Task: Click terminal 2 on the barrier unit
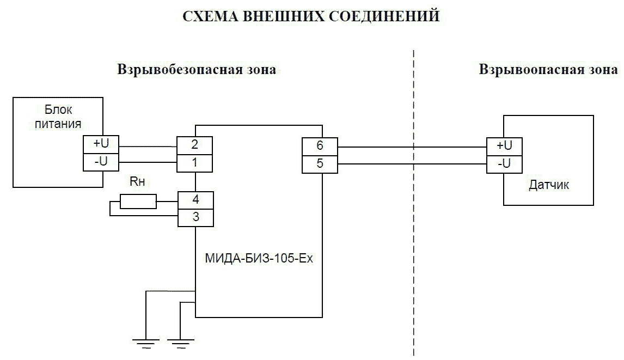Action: click(x=195, y=146)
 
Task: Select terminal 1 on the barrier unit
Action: click(x=195, y=163)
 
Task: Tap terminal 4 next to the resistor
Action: click(x=195, y=200)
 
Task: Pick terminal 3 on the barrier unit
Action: click(x=195, y=217)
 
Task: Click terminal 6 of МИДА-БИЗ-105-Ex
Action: click(x=320, y=146)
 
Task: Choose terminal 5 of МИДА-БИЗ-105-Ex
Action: click(x=320, y=163)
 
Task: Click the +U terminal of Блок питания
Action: click(x=101, y=144)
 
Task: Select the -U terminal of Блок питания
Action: click(x=101, y=162)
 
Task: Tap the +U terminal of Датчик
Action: click(x=504, y=146)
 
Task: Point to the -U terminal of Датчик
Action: click(x=504, y=163)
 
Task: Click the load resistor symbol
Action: click(x=138, y=202)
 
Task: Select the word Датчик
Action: click(x=549, y=185)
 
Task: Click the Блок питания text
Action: click(x=58, y=117)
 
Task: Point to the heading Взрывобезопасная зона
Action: click(x=197, y=70)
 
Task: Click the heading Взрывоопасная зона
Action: click(x=548, y=70)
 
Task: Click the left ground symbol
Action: click(x=145, y=342)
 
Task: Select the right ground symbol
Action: click(x=180, y=342)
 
